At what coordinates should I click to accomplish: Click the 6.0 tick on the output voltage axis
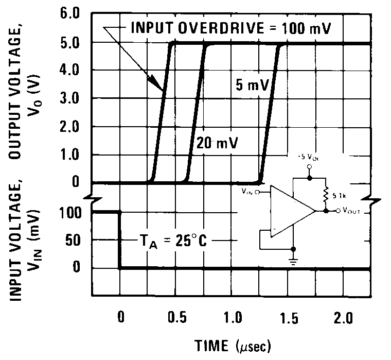pyautogui.click(x=69, y=14)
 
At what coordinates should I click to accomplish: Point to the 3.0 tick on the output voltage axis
pyautogui.click(x=69, y=98)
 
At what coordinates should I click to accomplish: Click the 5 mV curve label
pyautogui.click(x=251, y=85)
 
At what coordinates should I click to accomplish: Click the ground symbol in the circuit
pyautogui.click(x=294, y=261)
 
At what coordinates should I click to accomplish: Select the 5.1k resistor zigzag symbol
pyautogui.click(x=326, y=195)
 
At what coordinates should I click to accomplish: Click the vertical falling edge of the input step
pyautogui.click(x=120, y=239)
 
